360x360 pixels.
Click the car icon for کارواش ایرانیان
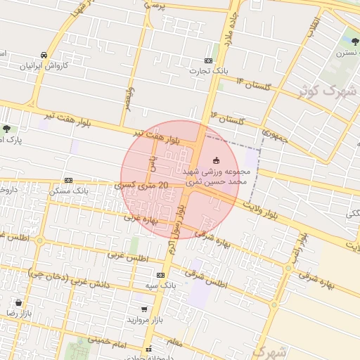click(44, 55)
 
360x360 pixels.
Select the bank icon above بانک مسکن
click(68, 180)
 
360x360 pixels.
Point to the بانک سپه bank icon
click(161, 275)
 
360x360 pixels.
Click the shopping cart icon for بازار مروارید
click(144, 309)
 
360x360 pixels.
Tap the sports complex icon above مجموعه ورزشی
click(216, 160)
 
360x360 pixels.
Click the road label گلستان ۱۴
click(254, 84)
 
